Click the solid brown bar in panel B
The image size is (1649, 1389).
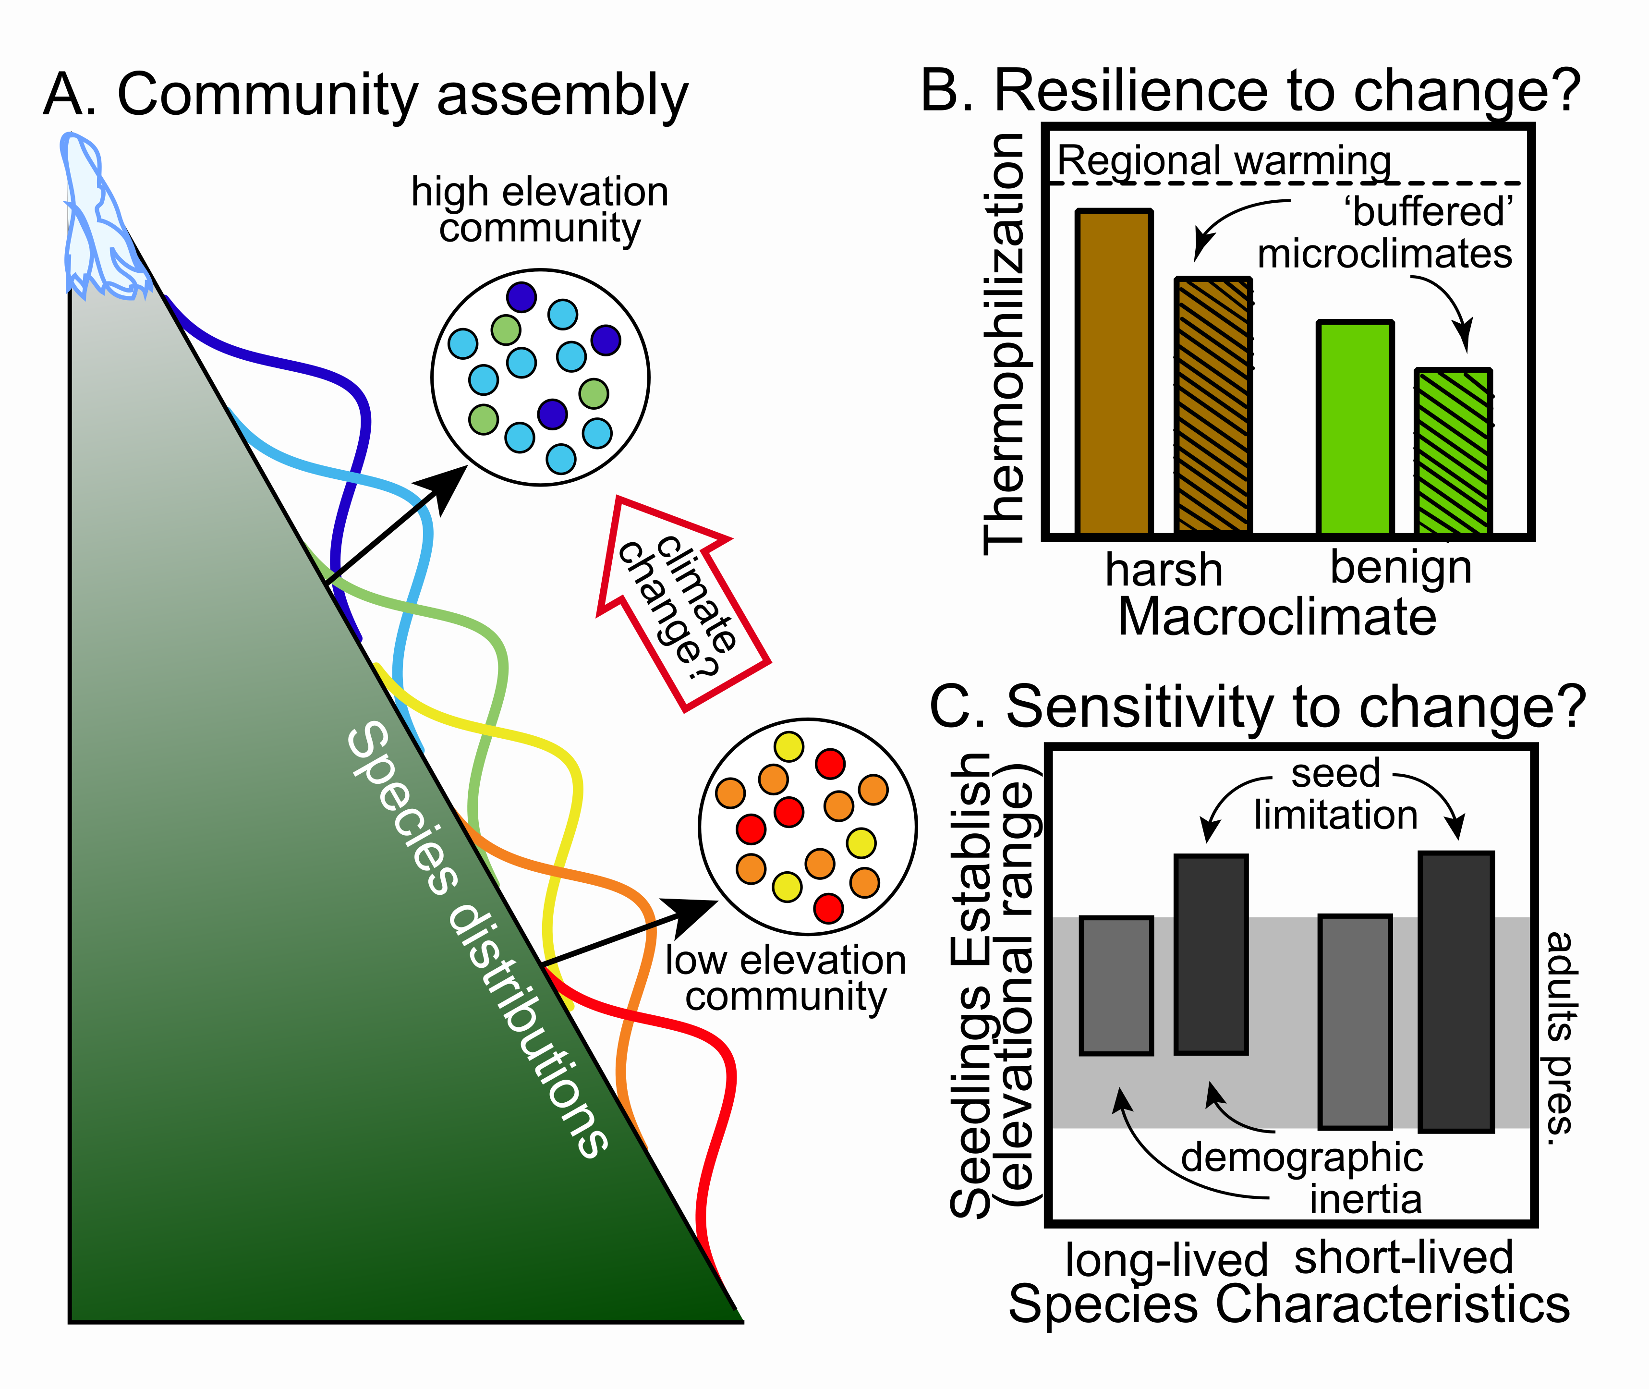click(1114, 372)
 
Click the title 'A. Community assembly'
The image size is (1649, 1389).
click(366, 95)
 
